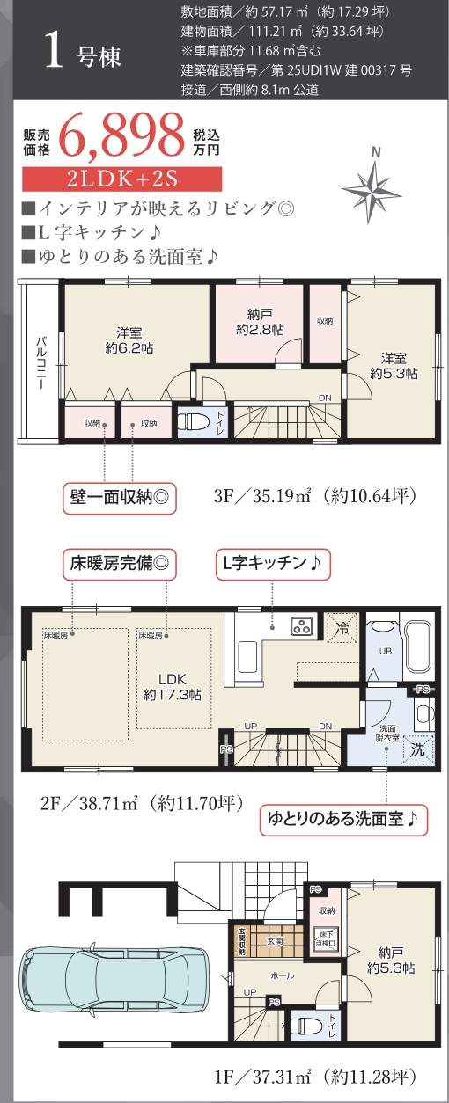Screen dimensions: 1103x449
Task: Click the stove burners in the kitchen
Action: pos(302,627)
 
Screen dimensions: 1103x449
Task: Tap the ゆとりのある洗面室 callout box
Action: pos(344,818)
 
